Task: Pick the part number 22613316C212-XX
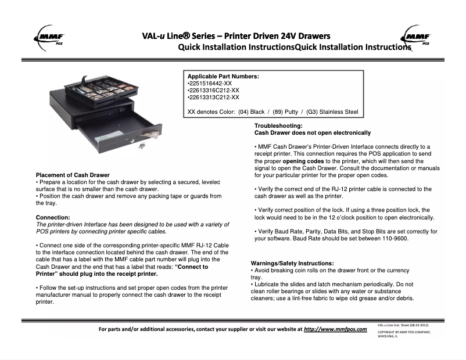(x=214, y=91)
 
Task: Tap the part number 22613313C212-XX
(x=214, y=98)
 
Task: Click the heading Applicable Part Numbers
(x=223, y=76)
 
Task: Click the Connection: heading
(x=53, y=217)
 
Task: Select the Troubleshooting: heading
(x=278, y=126)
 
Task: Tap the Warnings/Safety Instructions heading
(x=292, y=264)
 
